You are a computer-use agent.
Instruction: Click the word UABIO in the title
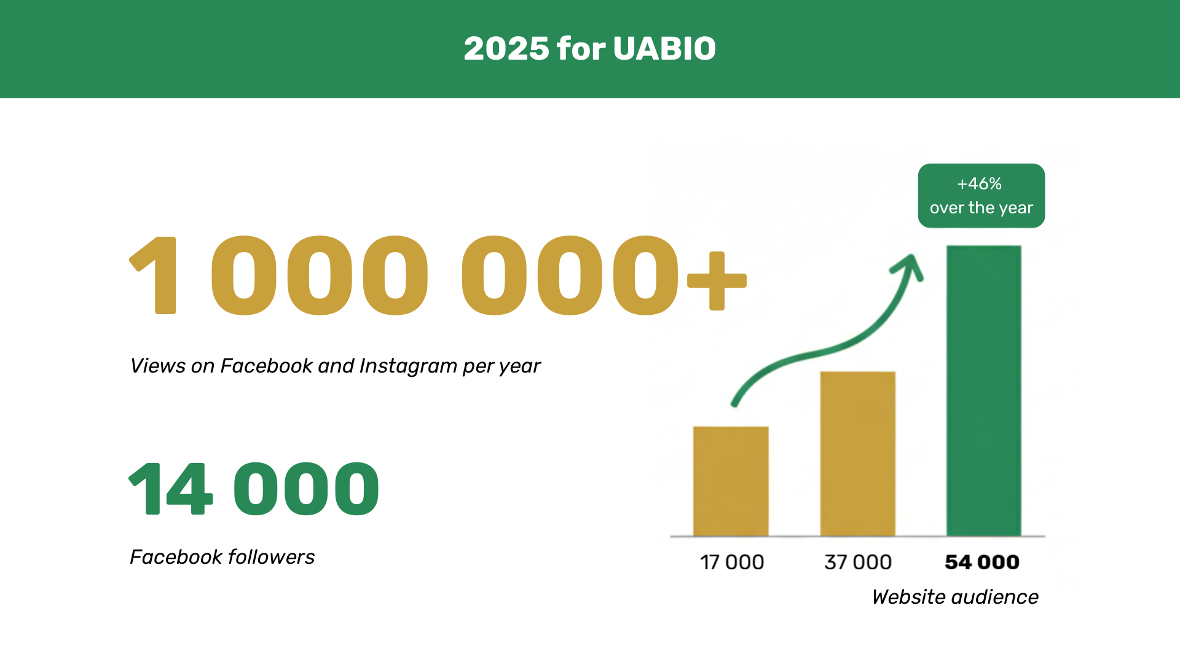coord(664,49)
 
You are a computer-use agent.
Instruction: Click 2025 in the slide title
coord(506,49)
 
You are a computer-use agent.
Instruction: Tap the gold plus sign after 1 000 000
coord(717,281)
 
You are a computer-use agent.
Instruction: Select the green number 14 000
coord(254,489)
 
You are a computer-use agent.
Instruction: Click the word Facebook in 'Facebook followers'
coord(175,557)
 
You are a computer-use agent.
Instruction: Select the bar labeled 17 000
coord(731,481)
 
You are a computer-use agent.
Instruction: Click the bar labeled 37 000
coord(857,454)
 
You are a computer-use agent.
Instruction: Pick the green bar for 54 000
coord(983,390)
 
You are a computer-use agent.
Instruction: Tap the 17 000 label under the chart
coord(731,562)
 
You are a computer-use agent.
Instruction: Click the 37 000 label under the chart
coord(857,562)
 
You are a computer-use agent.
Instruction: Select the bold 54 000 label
coord(981,562)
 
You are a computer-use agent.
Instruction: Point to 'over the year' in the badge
coord(981,208)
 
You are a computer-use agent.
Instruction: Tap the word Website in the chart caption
coord(908,597)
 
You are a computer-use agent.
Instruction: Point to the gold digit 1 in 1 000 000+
coord(157,275)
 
